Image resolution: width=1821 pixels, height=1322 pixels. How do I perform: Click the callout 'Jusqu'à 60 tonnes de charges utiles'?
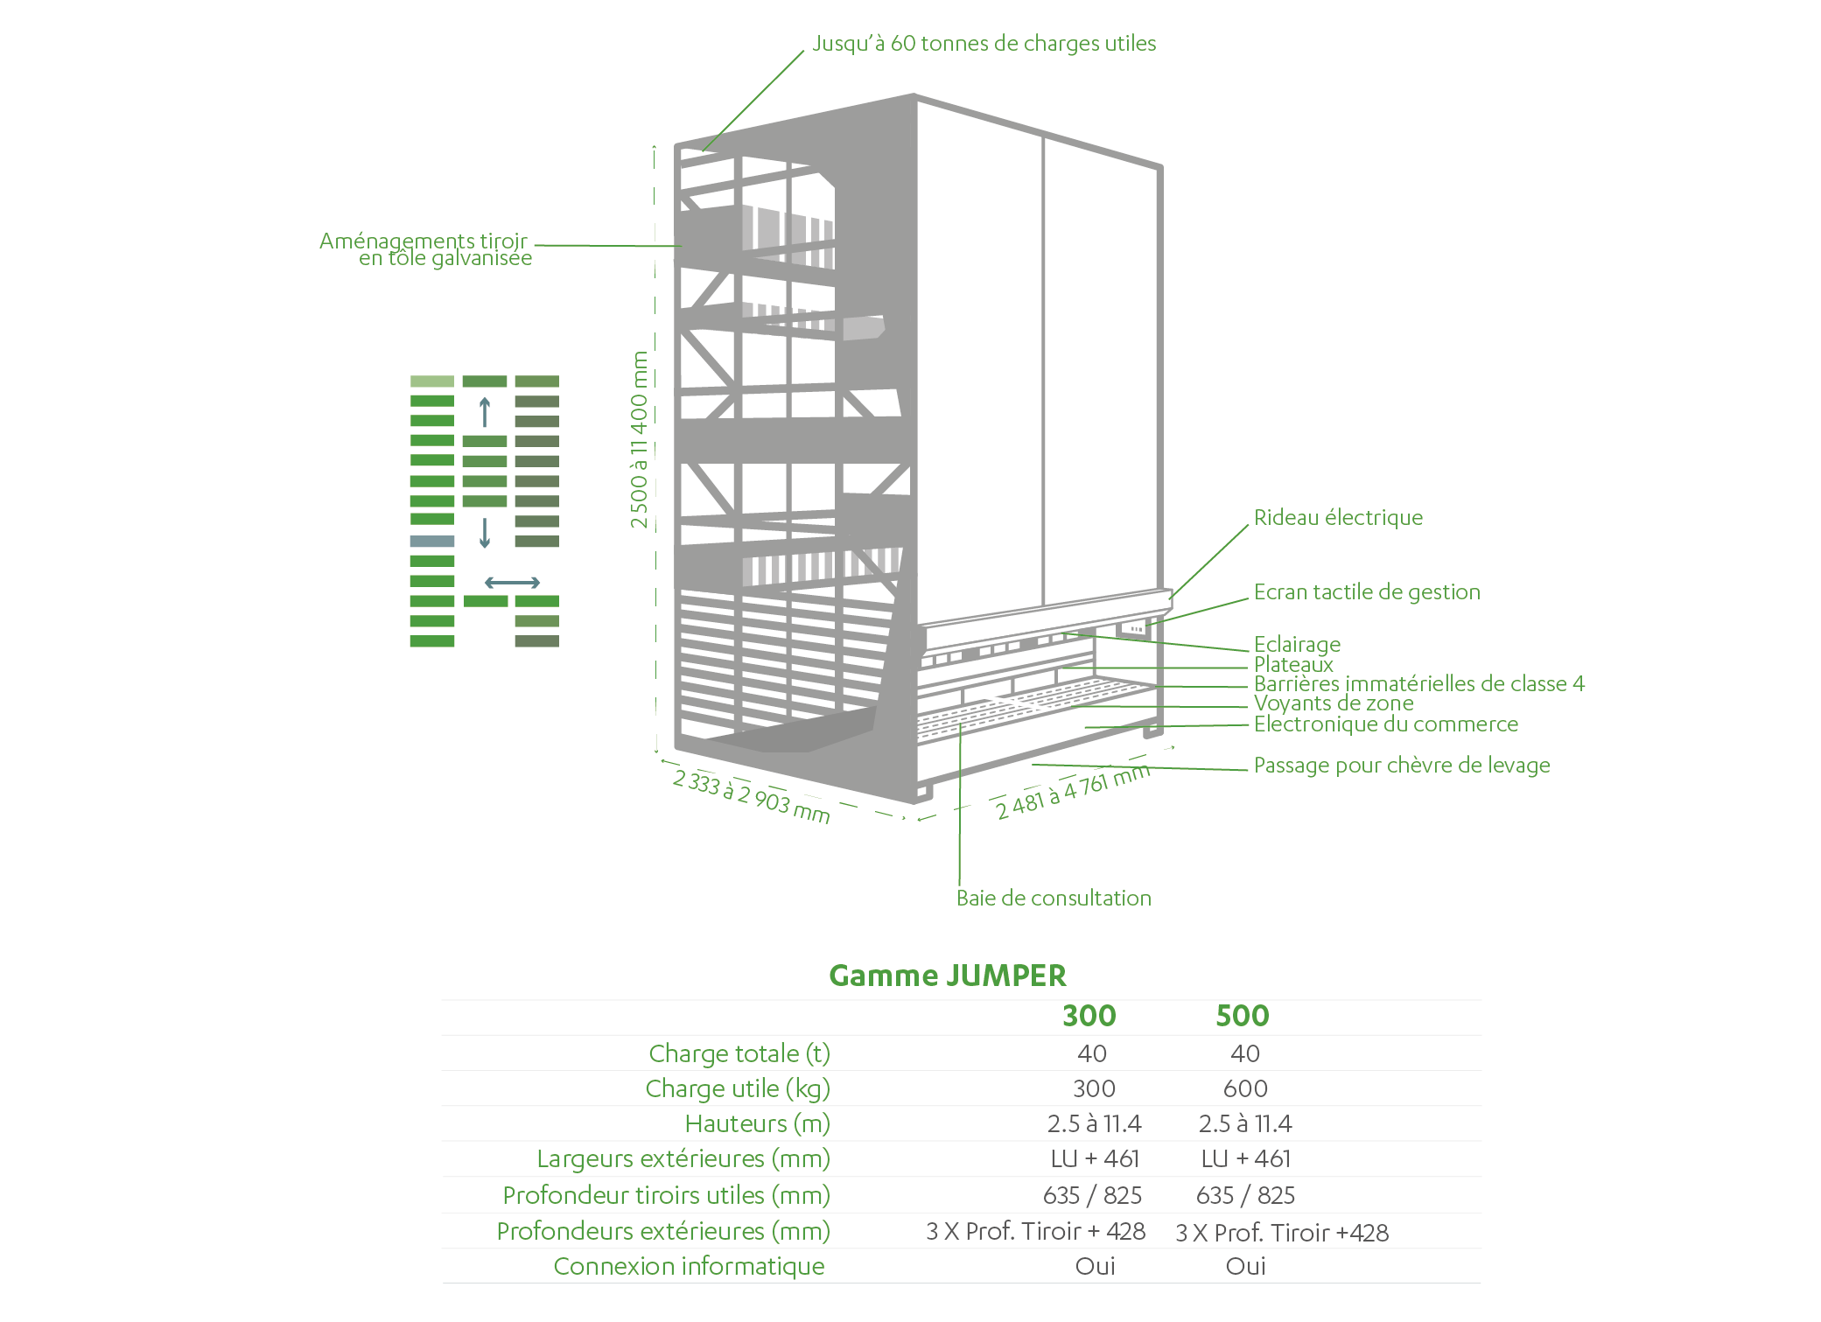coord(984,44)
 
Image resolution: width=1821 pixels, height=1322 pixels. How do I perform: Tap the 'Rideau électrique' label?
coord(1338,517)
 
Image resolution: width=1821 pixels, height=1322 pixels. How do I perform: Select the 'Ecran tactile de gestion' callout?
coord(1367,592)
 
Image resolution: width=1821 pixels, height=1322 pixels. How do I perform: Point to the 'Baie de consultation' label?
coord(1054,899)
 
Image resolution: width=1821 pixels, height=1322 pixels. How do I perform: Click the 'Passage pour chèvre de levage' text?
coord(1402,766)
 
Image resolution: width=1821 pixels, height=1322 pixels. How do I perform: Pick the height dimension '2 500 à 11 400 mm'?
coord(640,439)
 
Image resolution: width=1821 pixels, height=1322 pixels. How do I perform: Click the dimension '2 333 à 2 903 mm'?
coord(751,796)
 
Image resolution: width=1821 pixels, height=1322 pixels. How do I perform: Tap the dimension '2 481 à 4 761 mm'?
coord(1073,791)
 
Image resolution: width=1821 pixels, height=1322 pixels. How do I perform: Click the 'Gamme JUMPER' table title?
coord(948,976)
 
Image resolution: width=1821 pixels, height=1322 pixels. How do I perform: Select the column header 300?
coord(1089,1016)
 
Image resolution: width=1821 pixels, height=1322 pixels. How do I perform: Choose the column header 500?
coord(1243,1016)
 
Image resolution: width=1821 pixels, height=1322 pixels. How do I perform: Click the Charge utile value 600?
coord(1245,1089)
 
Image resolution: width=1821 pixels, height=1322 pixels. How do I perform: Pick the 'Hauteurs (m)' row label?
coord(758,1124)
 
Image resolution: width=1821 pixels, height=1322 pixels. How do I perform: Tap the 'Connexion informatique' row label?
coord(690,1267)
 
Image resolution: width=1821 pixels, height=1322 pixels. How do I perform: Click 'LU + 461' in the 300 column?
coord(1095,1159)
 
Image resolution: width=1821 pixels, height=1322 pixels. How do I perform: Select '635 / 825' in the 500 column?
coord(1245,1196)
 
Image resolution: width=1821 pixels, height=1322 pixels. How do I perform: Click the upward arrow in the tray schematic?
coord(485,412)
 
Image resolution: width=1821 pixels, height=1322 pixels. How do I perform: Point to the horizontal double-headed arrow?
coord(513,583)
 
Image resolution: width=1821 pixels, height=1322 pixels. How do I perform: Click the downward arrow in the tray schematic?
coord(485,533)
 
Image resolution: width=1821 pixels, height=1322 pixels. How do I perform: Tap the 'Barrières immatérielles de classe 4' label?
coord(1419,684)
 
